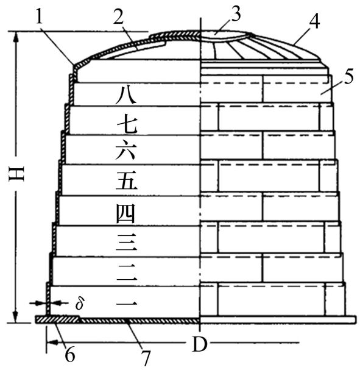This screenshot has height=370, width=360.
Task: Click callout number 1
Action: [x=40, y=16]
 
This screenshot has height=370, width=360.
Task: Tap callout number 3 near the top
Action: [x=235, y=13]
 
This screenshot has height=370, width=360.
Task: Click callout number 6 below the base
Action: [x=70, y=354]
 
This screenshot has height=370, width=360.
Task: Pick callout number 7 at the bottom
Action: [x=146, y=358]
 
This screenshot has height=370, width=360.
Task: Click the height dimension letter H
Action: [x=16, y=174]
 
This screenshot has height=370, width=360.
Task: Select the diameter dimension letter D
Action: [x=200, y=344]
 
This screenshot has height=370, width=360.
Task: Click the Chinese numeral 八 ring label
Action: [x=126, y=94]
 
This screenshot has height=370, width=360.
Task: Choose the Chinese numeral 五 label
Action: [x=126, y=180]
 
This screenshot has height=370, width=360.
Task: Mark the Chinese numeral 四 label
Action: [x=125, y=213]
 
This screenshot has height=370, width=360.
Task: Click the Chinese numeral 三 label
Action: [x=126, y=243]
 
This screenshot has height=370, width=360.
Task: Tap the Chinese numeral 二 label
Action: [x=127, y=272]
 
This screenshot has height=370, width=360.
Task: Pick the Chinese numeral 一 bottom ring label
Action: [x=127, y=304]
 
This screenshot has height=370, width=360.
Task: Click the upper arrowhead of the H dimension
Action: [x=16, y=37]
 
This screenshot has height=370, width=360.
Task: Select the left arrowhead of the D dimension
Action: [x=52, y=342]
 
